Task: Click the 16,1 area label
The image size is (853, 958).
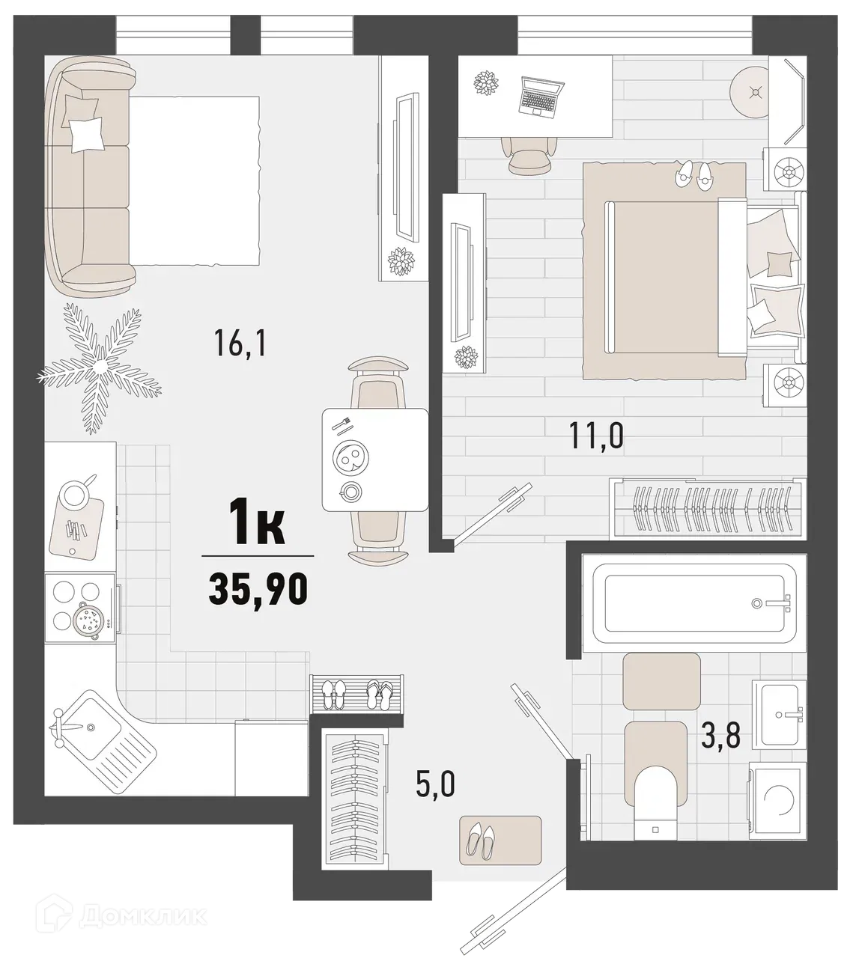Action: click(x=240, y=344)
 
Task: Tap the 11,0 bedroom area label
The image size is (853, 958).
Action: click(x=597, y=436)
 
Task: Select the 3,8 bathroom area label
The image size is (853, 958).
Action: click(x=720, y=736)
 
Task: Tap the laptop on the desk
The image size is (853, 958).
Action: click(x=538, y=96)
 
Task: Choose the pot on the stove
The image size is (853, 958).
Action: click(x=88, y=621)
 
